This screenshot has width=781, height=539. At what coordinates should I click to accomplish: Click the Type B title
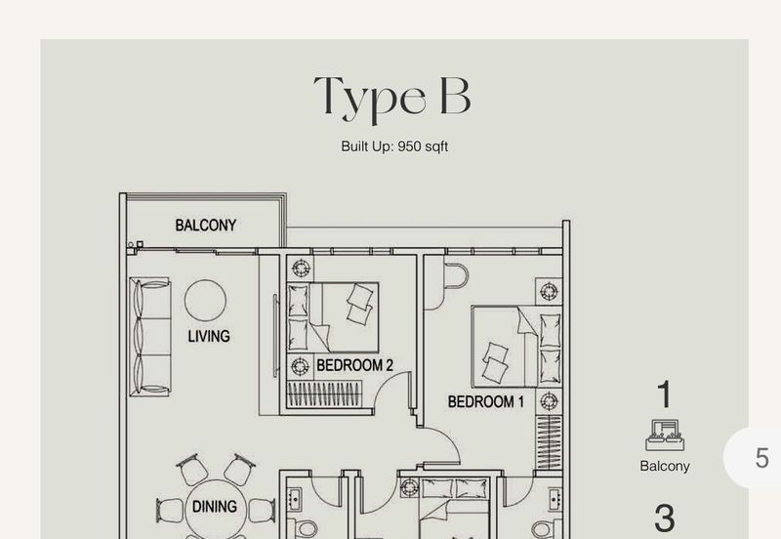[392, 98]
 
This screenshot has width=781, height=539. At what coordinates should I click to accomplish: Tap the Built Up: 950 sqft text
[394, 146]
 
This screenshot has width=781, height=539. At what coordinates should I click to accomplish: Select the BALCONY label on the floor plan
[206, 226]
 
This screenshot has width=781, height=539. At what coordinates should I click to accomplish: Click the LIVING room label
[209, 336]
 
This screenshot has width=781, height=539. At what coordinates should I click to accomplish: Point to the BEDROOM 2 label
[354, 365]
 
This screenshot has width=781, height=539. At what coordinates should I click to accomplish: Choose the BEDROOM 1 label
[485, 401]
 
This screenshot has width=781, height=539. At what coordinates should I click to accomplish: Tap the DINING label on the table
[214, 507]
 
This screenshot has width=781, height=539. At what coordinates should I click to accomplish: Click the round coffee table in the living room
[205, 301]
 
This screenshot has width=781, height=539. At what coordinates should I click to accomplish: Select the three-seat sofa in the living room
[150, 337]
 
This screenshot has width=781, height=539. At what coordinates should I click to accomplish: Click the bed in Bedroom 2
[333, 317]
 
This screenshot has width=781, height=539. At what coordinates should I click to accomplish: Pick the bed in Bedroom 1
[516, 347]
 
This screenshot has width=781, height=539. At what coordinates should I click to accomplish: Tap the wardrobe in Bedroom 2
[325, 394]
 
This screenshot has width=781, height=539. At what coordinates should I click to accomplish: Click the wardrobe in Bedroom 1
[549, 442]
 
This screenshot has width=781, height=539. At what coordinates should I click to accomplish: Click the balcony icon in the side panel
[665, 435]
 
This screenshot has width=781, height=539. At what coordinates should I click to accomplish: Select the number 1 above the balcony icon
[665, 394]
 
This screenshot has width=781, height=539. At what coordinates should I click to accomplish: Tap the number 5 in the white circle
[761, 458]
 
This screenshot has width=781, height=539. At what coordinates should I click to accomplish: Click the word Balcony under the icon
[665, 467]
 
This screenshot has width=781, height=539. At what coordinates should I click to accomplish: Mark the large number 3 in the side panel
[665, 518]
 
